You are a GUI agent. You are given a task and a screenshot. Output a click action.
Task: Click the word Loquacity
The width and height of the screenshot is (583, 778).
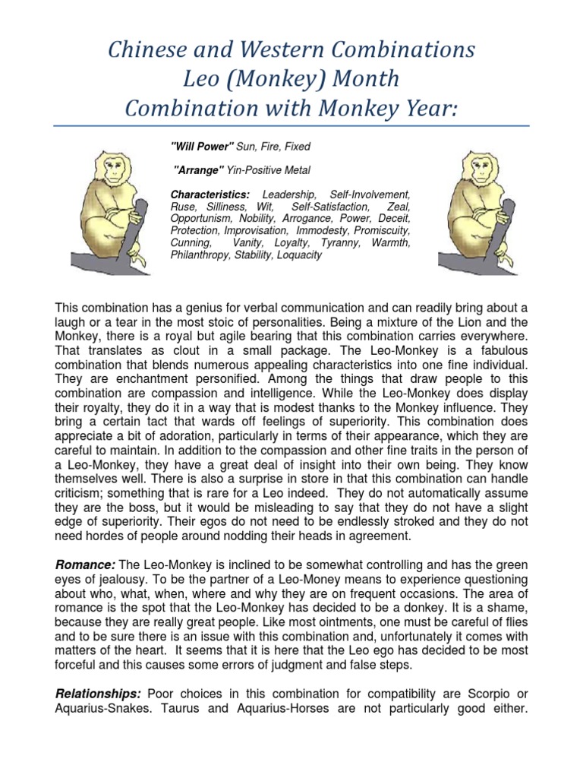pyautogui.click(x=296, y=255)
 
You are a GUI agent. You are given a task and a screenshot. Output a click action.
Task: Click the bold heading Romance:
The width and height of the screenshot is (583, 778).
pyautogui.click(x=85, y=563)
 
